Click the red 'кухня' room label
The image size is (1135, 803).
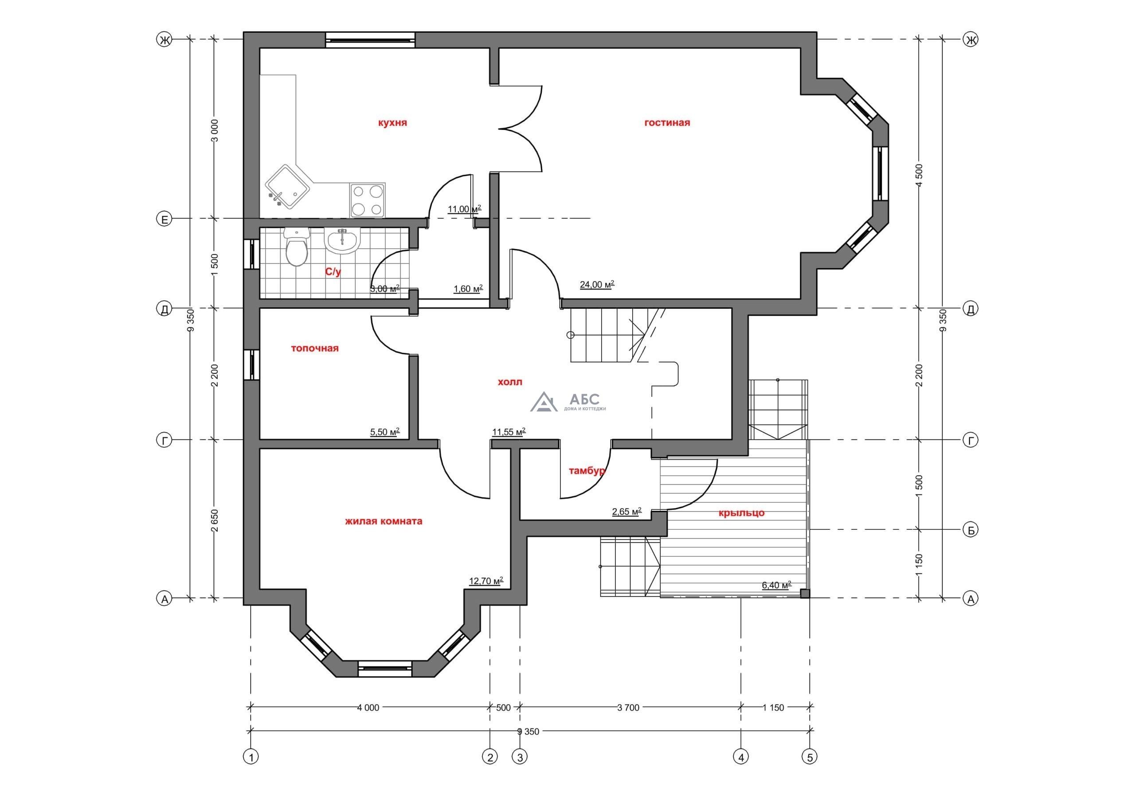(x=392, y=123)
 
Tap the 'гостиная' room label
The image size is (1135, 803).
(x=667, y=123)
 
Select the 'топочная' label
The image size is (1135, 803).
(x=314, y=348)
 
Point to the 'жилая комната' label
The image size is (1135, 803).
(x=384, y=521)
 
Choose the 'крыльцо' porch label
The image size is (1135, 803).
(x=741, y=513)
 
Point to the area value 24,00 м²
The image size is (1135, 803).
(x=597, y=285)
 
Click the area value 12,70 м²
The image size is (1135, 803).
(x=486, y=581)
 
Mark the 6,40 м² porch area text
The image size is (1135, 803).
(x=777, y=585)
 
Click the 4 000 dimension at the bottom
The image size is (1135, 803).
(x=368, y=708)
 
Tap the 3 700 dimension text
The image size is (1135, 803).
(x=628, y=708)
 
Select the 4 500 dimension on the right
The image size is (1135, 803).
(x=920, y=174)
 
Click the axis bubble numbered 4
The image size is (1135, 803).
(x=740, y=756)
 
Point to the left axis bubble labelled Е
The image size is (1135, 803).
(x=164, y=219)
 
